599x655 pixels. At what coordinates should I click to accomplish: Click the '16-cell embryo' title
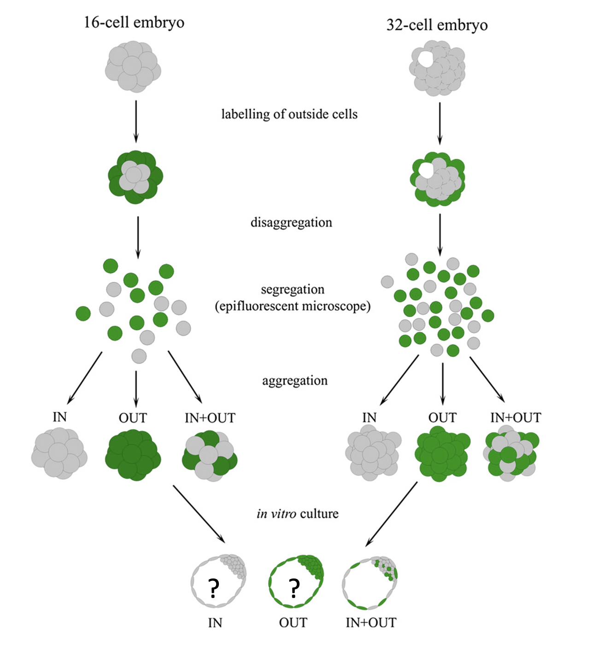coord(134,22)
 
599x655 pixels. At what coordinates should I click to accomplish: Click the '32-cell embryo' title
coord(437,24)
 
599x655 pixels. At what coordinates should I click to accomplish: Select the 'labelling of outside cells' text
coord(289,114)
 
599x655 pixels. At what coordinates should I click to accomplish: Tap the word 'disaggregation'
coord(291,222)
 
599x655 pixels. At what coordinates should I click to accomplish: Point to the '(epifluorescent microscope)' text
coord(293,306)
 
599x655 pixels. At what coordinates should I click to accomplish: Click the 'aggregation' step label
coord(295,380)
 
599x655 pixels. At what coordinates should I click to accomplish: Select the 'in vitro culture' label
coord(298,513)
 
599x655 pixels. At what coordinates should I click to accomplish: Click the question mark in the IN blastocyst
coord(213,588)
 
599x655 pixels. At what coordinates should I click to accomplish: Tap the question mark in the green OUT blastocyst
coord(294,588)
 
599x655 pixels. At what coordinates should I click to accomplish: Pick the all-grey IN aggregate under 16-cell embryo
coord(59,453)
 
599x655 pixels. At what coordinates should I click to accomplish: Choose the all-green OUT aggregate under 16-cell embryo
coord(133,455)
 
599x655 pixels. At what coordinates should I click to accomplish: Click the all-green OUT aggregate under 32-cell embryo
coord(441,454)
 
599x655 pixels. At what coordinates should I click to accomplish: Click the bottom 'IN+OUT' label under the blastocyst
coord(371,623)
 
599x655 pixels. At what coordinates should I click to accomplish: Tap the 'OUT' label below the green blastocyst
coord(293,623)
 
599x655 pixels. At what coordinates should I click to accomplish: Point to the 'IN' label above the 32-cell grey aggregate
coord(370,417)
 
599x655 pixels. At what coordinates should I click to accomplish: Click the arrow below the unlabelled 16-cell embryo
coord(136,121)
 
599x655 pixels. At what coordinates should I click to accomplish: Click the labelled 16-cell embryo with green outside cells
coord(135,177)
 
